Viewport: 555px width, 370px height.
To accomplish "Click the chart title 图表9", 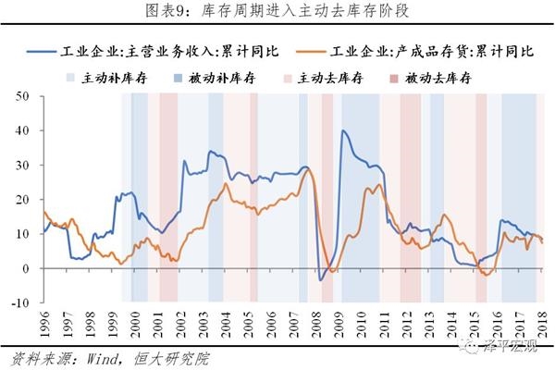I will pyautogui.click(x=277, y=11).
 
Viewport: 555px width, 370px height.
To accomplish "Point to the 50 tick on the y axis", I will pyautogui.click(x=24, y=96).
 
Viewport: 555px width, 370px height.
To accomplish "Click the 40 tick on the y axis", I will pyautogui.click(x=24, y=130).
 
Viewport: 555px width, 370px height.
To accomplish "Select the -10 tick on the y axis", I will pyautogui.click(x=22, y=302).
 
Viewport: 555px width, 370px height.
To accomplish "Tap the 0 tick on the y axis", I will pyautogui.click(x=28, y=268).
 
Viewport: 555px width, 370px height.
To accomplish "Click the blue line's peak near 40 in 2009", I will pyautogui.click(x=343, y=131).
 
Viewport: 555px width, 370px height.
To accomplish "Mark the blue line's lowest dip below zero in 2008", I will pyautogui.click(x=320, y=279).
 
